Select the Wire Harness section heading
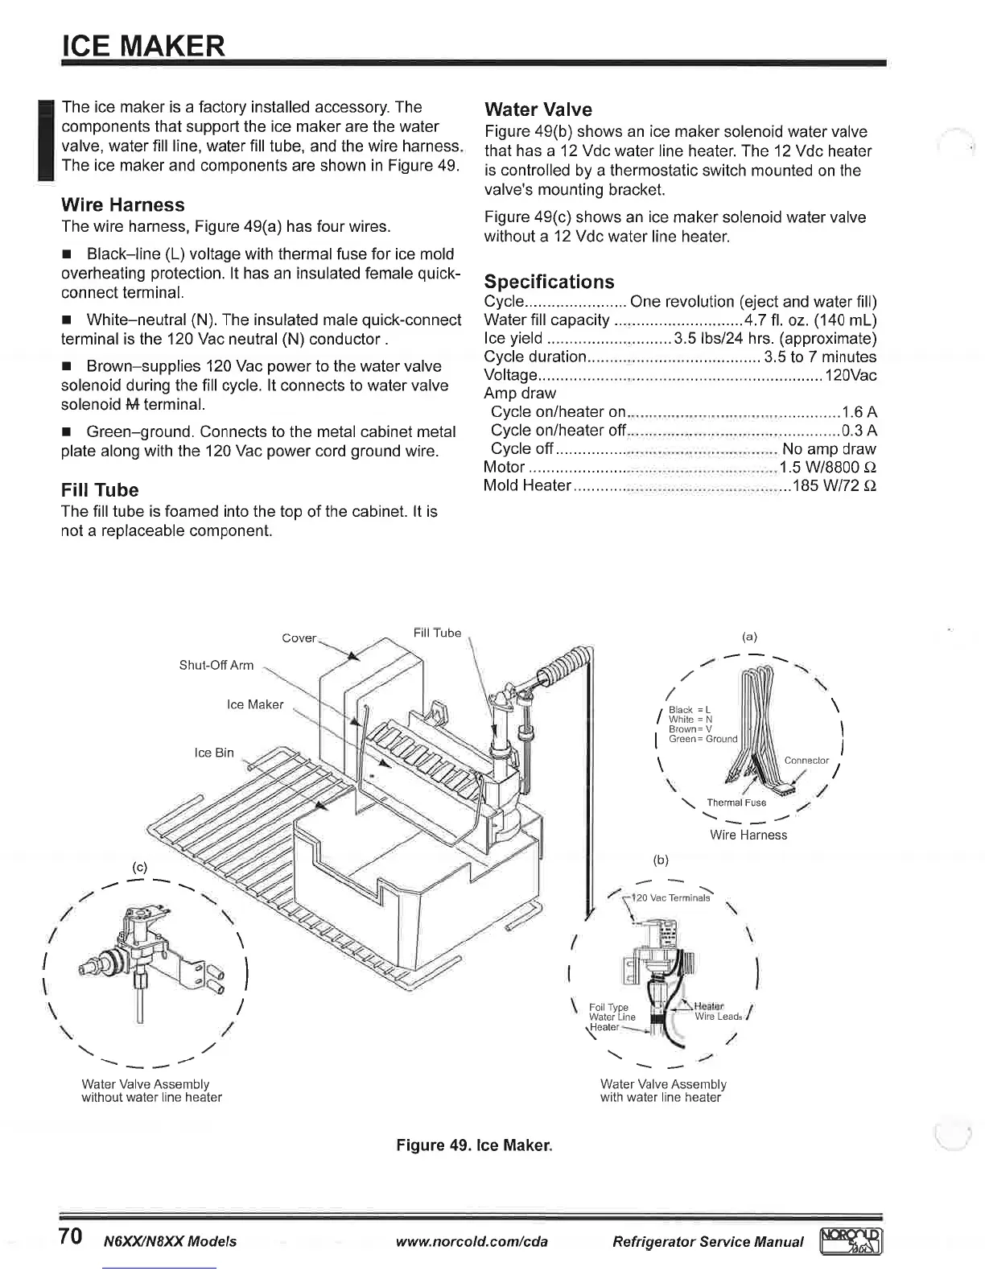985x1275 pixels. (123, 204)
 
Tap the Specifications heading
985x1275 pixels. (549, 282)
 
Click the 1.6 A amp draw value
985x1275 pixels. (859, 412)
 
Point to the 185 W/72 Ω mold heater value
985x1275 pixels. (835, 486)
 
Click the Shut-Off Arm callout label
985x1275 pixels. (216, 665)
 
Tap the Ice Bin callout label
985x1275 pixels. (214, 753)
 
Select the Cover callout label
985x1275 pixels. (299, 637)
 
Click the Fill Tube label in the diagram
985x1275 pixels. (437, 633)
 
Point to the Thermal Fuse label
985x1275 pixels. (736, 803)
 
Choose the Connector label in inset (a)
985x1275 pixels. (806, 760)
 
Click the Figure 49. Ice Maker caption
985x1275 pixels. (475, 1145)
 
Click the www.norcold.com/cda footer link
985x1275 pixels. (472, 1241)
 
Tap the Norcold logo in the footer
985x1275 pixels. (850, 1241)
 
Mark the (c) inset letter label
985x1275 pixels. (139, 868)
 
